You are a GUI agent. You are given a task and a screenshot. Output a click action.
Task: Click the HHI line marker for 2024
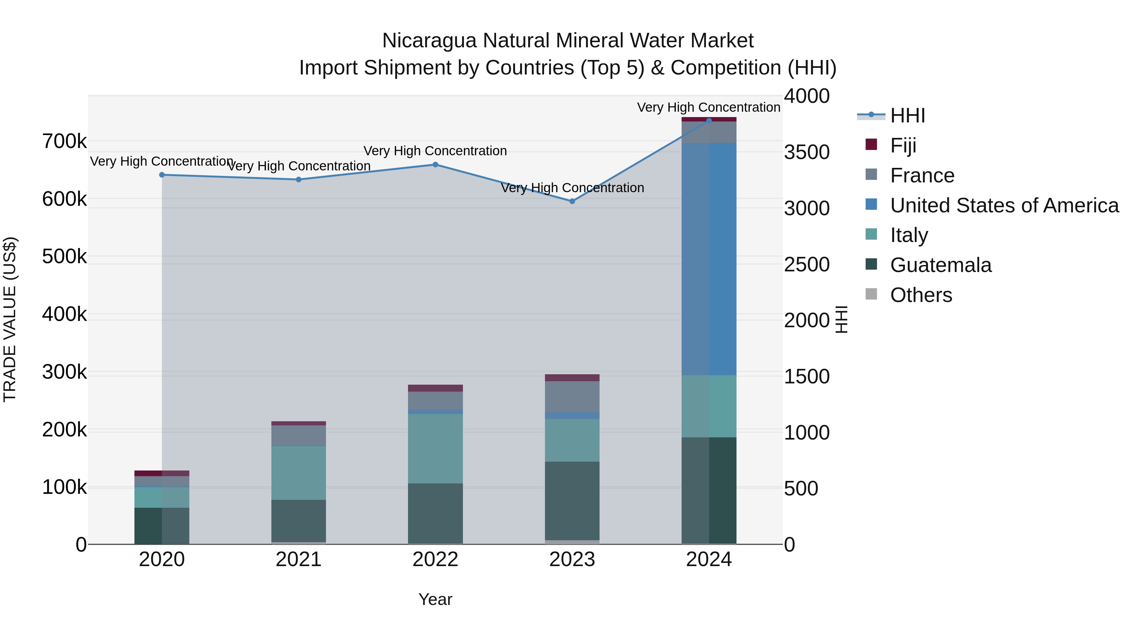point(709,121)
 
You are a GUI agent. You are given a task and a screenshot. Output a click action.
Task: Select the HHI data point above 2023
point(572,201)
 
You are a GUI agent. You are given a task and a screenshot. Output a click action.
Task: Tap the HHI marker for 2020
point(162,175)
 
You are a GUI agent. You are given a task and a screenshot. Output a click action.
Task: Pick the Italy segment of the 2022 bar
point(435,448)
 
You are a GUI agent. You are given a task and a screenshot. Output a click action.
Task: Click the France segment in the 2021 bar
point(299,436)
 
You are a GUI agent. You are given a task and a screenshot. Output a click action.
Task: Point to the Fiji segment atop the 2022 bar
point(435,388)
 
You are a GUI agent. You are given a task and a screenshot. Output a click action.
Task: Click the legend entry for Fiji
point(903,145)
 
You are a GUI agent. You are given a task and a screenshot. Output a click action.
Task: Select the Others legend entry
point(921,295)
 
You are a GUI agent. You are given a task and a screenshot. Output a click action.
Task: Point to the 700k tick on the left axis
point(64,142)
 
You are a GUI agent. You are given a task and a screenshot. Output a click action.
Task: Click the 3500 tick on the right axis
point(807,152)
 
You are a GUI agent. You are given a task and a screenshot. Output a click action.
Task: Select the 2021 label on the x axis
point(299,559)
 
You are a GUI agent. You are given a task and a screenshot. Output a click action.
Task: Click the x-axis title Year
point(435,599)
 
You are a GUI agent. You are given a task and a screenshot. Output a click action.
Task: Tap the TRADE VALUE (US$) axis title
point(10,319)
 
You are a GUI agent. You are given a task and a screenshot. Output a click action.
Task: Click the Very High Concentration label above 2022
point(435,151)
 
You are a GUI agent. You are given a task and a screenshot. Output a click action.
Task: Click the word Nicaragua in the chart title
point(429,41)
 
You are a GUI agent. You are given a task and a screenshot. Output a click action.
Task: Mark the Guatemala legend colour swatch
point(871,265)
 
